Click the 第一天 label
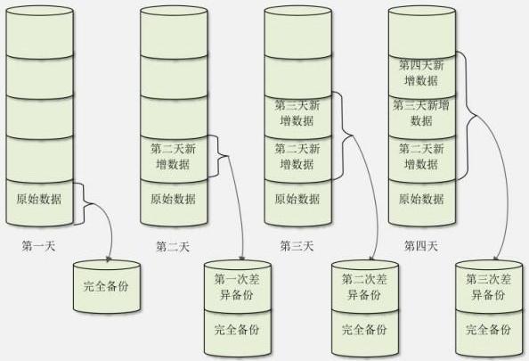[38, 246]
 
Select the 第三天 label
[297, 246]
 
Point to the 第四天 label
[421, 246]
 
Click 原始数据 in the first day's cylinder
[38, 199]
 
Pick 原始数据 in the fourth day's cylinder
[421, 199]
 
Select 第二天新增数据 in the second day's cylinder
[173, 157]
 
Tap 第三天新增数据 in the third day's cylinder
[297, 114]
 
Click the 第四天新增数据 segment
[421, 72]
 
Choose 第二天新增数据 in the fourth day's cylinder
[421, 157]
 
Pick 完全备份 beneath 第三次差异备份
[489, 330]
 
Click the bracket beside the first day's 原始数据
[79, 203]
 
